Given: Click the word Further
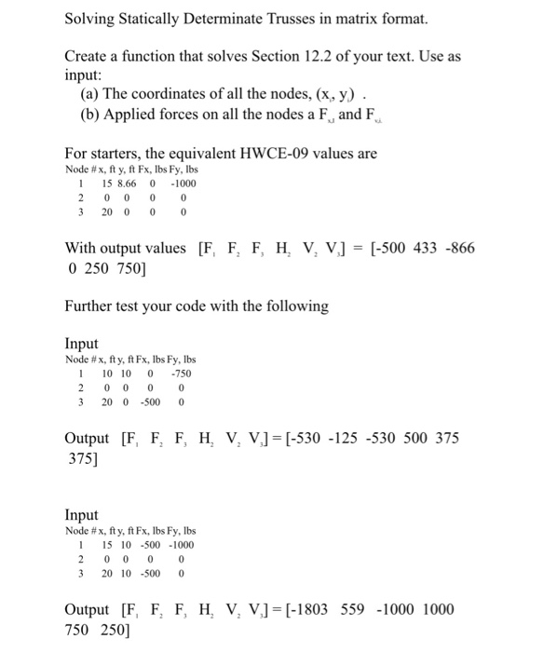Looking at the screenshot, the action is tap(94, 306).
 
